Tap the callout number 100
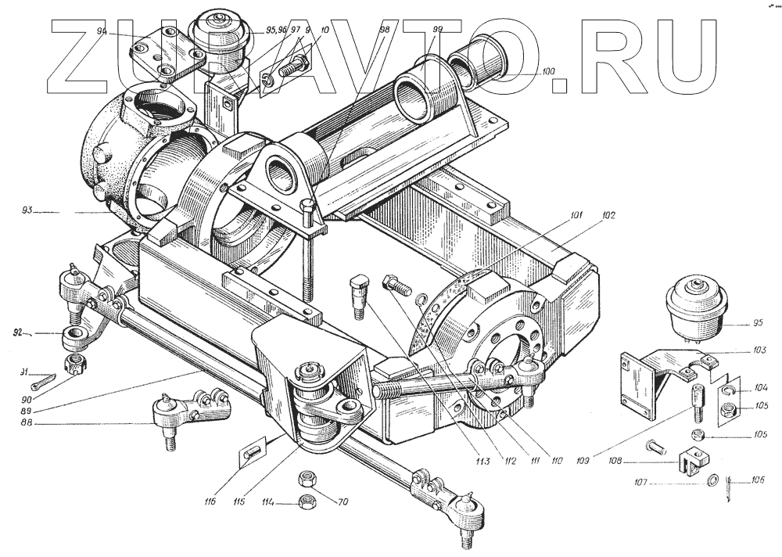coord(547,72)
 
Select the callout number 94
coord(102,31)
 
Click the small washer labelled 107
coord(712,480)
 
